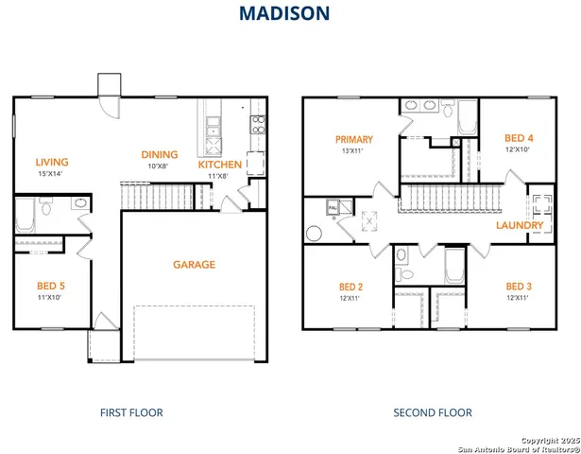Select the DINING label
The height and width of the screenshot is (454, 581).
(x=160, y=155)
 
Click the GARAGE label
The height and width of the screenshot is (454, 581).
(x=194, y=265)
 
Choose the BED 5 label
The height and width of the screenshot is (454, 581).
(x=49, y=286)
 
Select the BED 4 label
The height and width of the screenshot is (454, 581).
(x=519, y=138)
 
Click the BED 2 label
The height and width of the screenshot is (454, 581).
(x=350, y=287)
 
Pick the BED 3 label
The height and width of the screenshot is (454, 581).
(x=517, y=287)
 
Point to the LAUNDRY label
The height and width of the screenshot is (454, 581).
(x=520, y=226)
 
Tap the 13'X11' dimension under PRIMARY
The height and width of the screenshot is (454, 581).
(x=352, y=151)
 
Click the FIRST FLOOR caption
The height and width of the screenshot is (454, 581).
(x=131, y=412)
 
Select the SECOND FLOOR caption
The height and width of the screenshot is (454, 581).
(x=433, y=412)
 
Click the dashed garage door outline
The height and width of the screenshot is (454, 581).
(x=194, y=331)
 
